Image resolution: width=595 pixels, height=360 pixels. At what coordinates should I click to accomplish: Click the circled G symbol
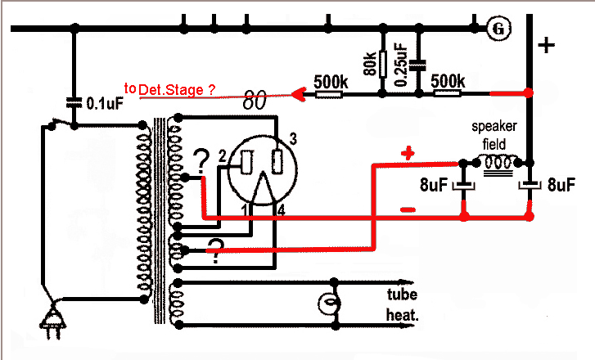point(498,29)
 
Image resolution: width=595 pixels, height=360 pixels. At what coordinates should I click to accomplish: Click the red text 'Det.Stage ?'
point(178,90)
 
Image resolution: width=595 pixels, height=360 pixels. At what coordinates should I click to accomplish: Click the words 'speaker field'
point(493,136)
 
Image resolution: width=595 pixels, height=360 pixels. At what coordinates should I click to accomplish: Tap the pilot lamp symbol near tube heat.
point(327,304)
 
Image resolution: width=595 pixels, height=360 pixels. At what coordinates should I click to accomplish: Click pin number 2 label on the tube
point(222,155)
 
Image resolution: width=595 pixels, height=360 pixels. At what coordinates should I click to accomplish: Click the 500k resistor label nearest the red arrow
point(331,82)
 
